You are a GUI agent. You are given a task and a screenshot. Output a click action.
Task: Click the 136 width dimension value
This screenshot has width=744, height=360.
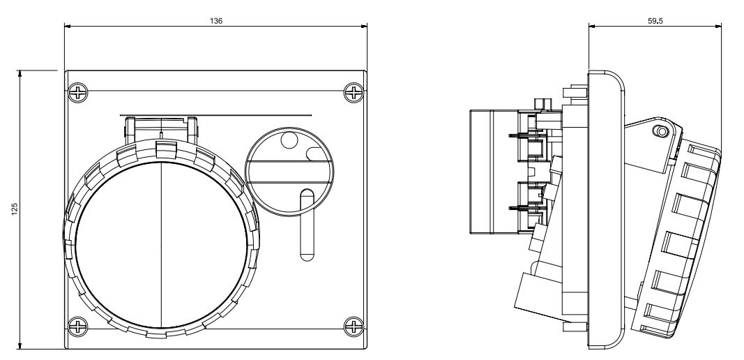(216, 21)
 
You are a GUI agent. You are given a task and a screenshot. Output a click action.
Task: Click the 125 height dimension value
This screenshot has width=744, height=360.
(15, 208)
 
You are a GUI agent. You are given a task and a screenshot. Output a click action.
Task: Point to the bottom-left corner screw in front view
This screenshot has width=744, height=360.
(77, 325)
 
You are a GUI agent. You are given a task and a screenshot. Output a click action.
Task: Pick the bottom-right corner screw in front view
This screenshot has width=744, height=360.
(355, 325)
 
